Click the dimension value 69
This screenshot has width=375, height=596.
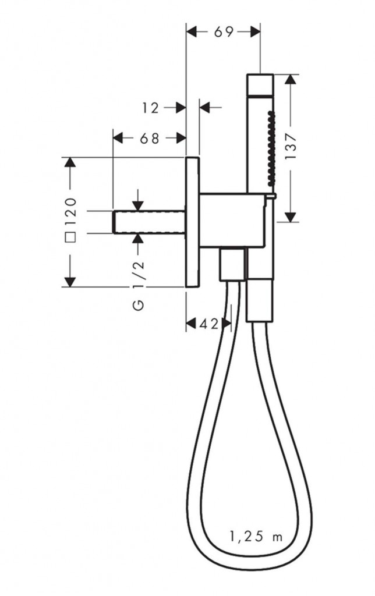[223, 32]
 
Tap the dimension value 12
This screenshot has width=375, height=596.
[151, 108]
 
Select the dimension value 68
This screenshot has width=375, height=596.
[150, 139]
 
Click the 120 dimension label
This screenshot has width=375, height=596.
[70, 212]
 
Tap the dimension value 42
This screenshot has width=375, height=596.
[210, 324]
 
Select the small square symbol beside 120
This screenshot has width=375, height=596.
[70, 237]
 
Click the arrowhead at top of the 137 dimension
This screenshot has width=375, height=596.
[291, 79]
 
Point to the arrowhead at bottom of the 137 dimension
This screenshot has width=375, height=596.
[291, 217]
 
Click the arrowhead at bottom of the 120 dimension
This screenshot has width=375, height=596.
[70, 281]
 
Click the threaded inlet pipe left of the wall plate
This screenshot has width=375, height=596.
[150, 222]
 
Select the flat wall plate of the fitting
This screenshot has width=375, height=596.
[192, 222]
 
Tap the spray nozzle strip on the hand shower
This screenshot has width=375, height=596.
[270, 148]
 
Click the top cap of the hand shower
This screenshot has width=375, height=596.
[260, 83]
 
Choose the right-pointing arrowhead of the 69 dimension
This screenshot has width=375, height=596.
[255, 32]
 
